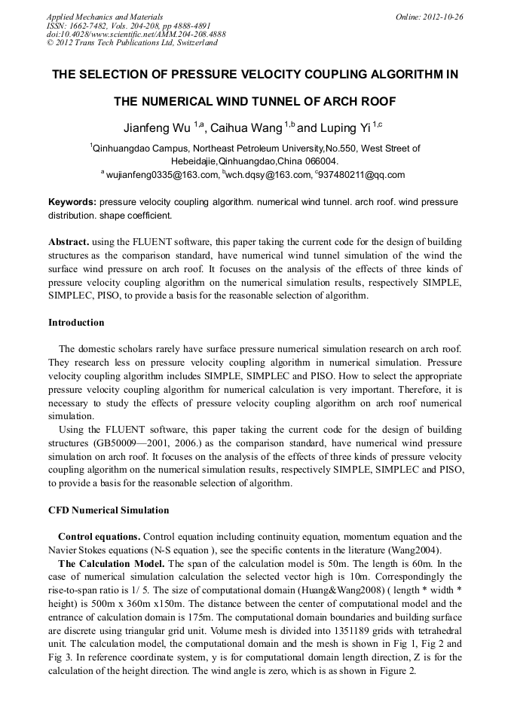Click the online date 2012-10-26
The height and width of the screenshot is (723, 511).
pos(445,17)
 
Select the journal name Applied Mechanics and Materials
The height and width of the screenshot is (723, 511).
pos(105,17)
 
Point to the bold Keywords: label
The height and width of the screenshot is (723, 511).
pos(72,203)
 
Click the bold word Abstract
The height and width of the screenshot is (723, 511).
pos(69,243)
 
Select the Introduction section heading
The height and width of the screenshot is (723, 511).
pos(76,323)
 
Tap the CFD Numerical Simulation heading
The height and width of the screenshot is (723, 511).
pos(109,510)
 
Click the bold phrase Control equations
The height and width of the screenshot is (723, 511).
pos(99,537)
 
